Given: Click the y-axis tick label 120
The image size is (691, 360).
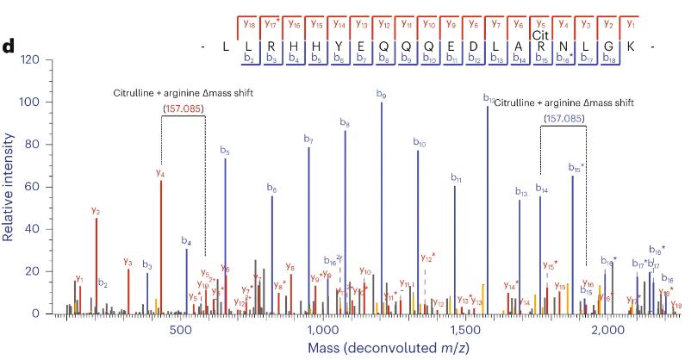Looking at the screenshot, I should point(29,59).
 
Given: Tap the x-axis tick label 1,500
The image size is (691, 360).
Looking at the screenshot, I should point(464,331).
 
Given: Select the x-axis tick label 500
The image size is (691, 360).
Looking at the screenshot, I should point(180,331).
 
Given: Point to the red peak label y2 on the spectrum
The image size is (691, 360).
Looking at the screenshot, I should point(96,211).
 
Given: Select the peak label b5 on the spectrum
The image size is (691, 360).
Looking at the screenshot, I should point(225,152).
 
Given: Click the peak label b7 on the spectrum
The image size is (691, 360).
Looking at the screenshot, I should point(308,140).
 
